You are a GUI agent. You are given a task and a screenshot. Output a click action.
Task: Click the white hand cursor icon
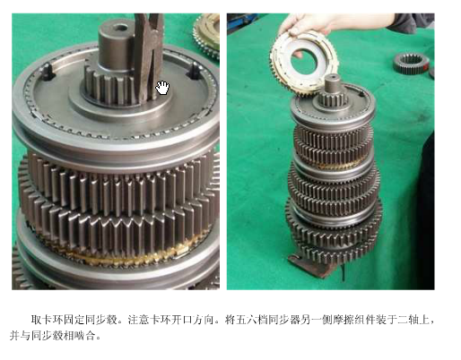[x=162, y=88]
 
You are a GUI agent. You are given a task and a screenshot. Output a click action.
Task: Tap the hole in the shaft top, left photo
[x=121, y=29]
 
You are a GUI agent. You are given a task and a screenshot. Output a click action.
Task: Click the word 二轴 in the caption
[x=408, y=320]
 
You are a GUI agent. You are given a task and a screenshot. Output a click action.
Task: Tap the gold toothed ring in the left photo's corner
[x=206, y=36]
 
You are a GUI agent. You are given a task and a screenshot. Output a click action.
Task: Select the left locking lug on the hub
[x=48, y=73]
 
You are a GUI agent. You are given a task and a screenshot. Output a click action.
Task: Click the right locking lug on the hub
[x=195, y=71]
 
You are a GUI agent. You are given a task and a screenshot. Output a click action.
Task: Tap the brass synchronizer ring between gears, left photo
[x=126, y=253]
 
